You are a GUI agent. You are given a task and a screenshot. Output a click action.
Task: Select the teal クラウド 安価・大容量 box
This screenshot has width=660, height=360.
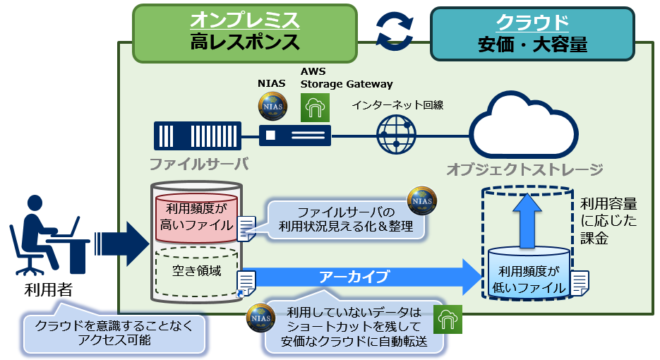click(532, 34)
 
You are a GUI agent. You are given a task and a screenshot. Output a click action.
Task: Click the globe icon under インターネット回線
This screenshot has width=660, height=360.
click(397, 134)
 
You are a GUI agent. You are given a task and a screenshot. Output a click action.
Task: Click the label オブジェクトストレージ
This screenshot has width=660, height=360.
click(524, 169)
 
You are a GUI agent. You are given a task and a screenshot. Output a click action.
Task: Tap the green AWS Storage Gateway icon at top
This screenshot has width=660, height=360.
click(315, 107)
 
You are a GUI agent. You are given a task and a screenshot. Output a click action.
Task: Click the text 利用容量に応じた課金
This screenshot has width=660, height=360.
click(608, 221)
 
